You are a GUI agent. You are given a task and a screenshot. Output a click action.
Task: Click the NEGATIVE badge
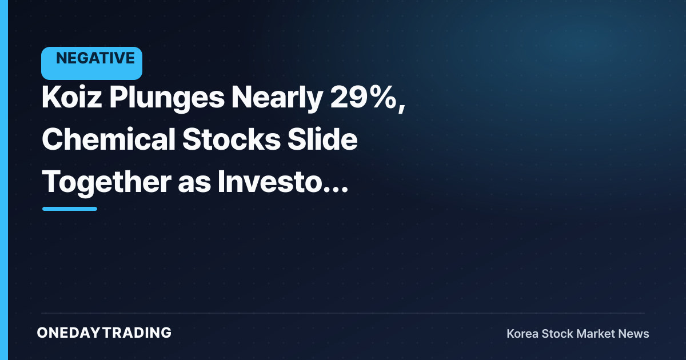[x=91, y=63]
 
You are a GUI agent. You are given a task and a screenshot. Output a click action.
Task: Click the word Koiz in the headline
[x=71, y=97]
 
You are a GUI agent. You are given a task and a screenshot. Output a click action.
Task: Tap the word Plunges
[x=167, y=98]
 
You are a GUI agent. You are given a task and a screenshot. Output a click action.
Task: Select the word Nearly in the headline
[x=277, y=98]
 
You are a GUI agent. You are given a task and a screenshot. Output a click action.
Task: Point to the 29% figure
[x=364, y=97]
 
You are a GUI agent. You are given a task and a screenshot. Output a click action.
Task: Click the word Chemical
[x=109, y=139]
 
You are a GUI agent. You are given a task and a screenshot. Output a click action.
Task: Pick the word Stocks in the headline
[x=231, y=139]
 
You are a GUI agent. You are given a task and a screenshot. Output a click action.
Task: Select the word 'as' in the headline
[x=194, y=184]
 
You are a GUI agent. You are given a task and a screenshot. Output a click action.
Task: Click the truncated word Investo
[x=269, y=182]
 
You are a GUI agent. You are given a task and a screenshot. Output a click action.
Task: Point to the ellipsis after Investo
[x=336, y=190]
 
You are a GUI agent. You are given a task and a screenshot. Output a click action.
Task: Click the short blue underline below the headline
[x=70, y=209]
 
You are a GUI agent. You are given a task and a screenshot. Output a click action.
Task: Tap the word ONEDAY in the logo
[x=68, y=333]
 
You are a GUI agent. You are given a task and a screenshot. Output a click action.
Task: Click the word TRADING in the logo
[x=137, y=333]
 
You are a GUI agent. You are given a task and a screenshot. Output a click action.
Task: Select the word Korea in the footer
[x=522, y=334]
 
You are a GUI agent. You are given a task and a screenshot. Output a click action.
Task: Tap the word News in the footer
[x=633, y=334]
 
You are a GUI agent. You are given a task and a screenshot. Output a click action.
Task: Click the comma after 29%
[x=402, y=107]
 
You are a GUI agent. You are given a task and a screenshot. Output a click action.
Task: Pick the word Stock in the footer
[x=556, y=334]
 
